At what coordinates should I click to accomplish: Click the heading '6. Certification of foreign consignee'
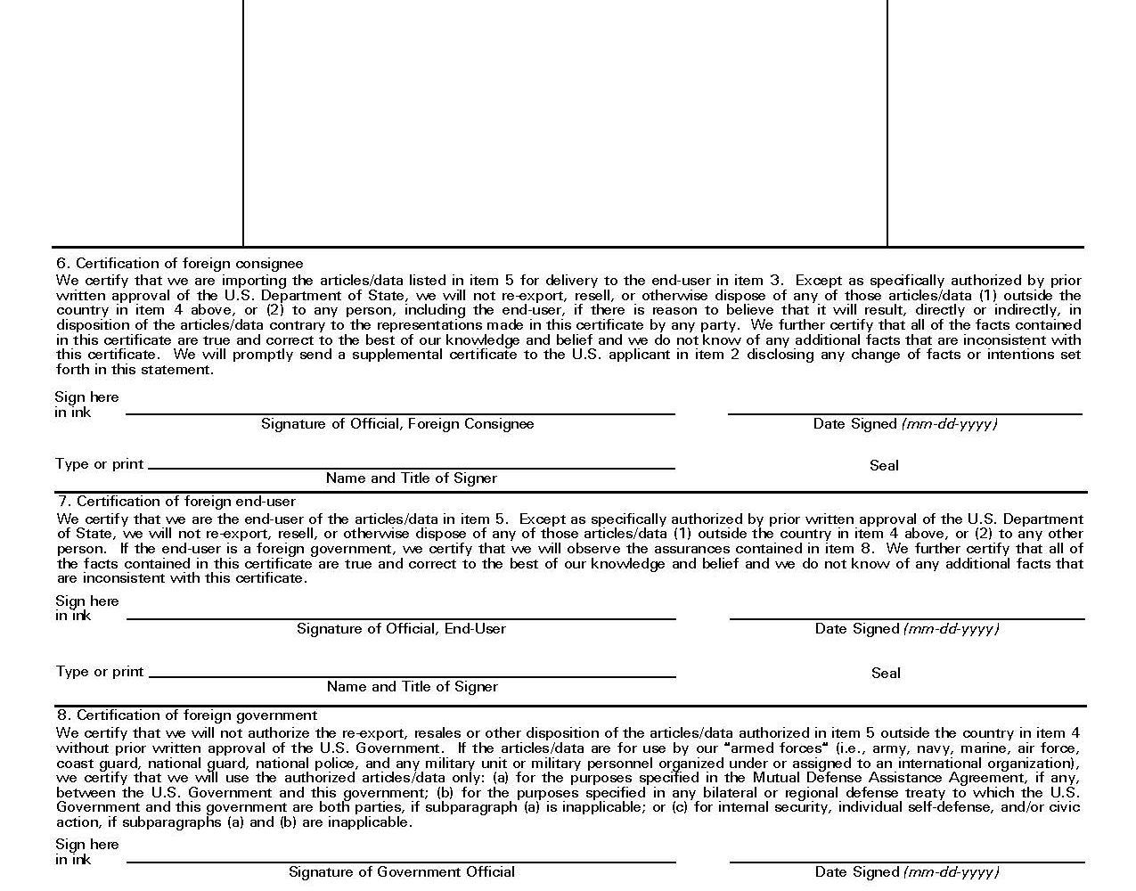179,264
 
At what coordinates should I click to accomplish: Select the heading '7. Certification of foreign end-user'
176,502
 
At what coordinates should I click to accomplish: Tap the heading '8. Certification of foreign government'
187,715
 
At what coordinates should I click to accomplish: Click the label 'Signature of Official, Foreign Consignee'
397,424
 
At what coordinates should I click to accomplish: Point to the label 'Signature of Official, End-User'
401,629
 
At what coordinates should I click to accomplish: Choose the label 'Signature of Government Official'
401,872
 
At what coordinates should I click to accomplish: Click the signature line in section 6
400,413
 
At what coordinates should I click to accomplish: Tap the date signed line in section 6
904,413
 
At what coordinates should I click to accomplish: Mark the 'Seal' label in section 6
884,465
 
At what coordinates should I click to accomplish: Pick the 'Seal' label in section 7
886,674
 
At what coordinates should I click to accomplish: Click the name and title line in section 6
412,467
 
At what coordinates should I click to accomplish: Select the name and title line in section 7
412,675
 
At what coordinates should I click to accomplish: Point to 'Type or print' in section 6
99,464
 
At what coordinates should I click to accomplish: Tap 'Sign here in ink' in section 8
86,852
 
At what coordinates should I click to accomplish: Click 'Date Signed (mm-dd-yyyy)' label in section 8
907,872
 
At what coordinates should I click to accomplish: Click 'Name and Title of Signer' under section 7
412,687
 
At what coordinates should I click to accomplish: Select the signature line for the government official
401,861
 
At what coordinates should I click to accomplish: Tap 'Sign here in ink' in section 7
86,608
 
